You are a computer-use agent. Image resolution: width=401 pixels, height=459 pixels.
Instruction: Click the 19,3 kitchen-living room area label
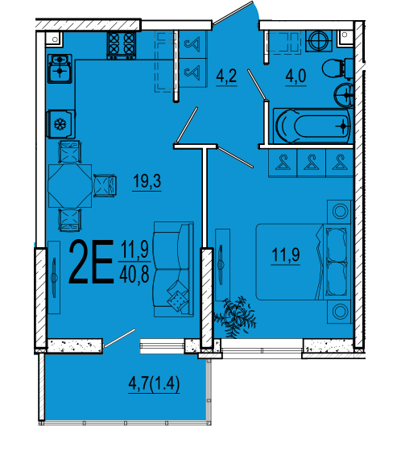[x=147, y=181]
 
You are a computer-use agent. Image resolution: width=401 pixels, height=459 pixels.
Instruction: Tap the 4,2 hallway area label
[x=226, y=76]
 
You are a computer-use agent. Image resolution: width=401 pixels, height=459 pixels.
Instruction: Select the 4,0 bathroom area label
[x=296, y=76]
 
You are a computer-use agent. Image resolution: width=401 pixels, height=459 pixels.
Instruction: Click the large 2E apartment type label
[x=91, y=262]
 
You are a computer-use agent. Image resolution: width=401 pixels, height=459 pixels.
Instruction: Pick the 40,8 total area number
[x=134, y=275]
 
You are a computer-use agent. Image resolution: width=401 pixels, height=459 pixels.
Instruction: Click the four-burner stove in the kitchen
[x=122, y=45]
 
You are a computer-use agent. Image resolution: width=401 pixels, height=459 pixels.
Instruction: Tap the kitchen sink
[x=60, y=68]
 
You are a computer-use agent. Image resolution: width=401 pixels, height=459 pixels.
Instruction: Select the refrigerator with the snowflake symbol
[x=60, y=124]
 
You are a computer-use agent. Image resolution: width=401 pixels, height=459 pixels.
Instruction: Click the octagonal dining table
[x=70, y=186]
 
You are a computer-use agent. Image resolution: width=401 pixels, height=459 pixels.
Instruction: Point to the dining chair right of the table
[x=105, y=185]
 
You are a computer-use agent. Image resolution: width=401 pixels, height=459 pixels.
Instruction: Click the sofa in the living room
[x=174, y=269]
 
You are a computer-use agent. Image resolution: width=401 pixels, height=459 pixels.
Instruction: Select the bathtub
[x=312, y=126]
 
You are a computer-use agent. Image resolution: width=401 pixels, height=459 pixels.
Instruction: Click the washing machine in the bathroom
[x=319, y=41]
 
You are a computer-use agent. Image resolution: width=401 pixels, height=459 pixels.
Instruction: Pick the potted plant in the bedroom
[x=237, y=317]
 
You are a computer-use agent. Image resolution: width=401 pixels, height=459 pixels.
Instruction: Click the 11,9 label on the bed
[x=286, y=254]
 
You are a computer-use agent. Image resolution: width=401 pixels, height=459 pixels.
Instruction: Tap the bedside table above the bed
[x=340, y=212]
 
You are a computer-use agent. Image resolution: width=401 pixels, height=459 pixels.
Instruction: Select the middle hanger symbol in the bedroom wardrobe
[x=311, y=163]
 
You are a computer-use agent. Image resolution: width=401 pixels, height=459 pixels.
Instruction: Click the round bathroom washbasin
[x=344, y=95]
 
